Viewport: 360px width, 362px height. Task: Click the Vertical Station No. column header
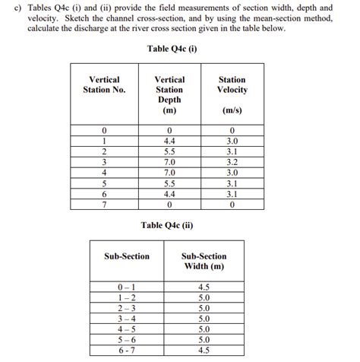tap(104, 84)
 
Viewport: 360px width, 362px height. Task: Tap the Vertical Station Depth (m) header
tap(169, 95)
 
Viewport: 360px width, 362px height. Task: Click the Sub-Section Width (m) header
tap(203, 262)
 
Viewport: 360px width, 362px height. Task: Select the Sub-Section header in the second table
tap(127, 256)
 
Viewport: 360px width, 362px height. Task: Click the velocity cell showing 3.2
tap(232, 162)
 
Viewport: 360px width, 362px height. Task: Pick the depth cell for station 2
tap(169, 151)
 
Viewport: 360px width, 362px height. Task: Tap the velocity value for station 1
tap(232, 141)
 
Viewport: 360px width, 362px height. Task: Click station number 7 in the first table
tap(104, 205)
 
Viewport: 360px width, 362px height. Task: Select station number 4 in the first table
tap(104, 173)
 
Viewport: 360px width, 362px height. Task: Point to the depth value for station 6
tap(169, 194)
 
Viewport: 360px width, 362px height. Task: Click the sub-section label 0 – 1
tap(127, 287)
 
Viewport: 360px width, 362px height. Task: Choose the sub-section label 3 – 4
tap(127, 319)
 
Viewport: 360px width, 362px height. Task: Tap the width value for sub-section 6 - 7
tap(203, 351)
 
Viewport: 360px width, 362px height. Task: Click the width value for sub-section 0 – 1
tap(203, 287)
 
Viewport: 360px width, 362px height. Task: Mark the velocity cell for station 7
tap(232, 205)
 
